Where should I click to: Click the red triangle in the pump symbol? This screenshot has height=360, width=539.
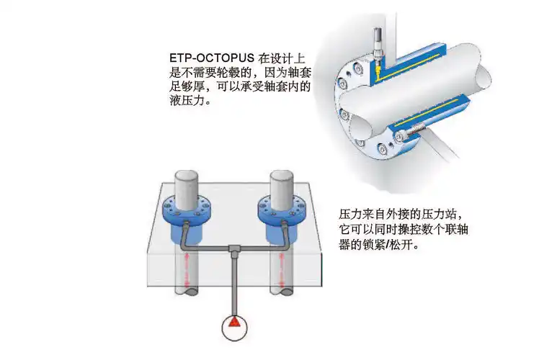[234, 327]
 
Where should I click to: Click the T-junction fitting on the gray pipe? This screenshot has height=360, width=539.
[234, 248]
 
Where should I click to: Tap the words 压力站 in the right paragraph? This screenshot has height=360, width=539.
[442, 215]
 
